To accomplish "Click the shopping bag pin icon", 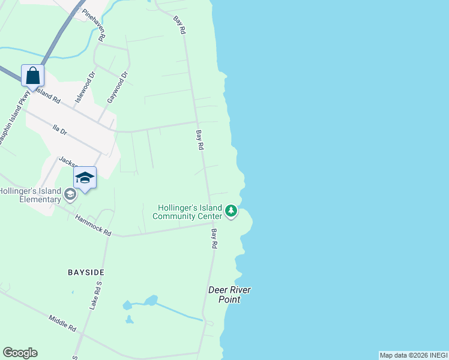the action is pyautogui.click(x=33, y=76).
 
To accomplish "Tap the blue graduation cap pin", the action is pyautogui.click(x=85, y=178).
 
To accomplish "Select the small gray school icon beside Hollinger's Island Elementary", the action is pyautogui.click(x=70, y=193).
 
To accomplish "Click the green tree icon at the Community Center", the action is pyautogui.click(x=231, y=211).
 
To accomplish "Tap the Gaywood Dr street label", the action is pyautogui.click(x=117, y=88).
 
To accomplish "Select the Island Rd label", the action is pyautogui.click(x=47, y=95).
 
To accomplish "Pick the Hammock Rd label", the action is pyautogui.click(x=93, y=224).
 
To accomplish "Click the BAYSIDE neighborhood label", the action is pyautogui.click(x=86, y=272).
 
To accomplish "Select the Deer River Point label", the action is pyautogui.click(x=229, y=295).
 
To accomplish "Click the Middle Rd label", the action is pyautogui.click(x=62, y=324).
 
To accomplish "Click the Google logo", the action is pyautogui.click(x=20, y=353).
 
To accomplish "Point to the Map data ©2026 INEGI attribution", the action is pyautogui.click(x=413, y=355).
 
